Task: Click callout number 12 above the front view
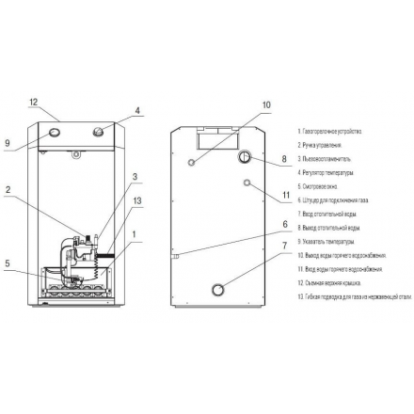[32, 102]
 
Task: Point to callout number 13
[137, 200]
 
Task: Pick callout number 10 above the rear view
[265, 104]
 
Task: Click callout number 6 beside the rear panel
[283, 224]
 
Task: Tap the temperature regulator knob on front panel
[96, 135]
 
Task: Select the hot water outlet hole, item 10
[193, 162]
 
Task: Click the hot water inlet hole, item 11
[247, 182]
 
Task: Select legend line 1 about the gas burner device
[329, 131]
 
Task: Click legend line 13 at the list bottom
[354, 295]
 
